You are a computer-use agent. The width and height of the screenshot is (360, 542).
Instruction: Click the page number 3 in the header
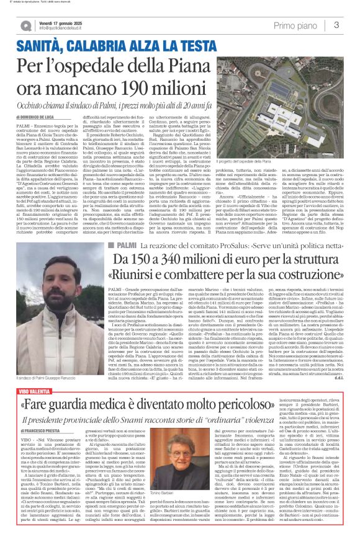pos(336,25)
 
